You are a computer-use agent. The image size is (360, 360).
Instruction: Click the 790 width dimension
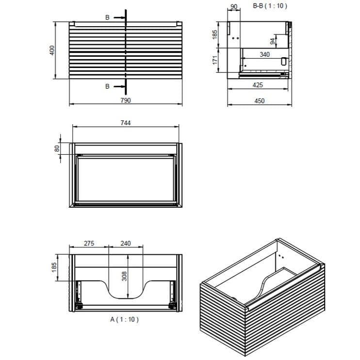pyautogui.click(x=126, y=100)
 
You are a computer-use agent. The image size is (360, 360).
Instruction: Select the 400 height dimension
pyautogui.click(x=52, y=50)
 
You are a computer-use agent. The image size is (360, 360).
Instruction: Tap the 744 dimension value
pyautogui.click(x=126, y=123)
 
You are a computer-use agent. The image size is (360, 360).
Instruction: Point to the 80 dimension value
pyautogui.click(x=57, y=148)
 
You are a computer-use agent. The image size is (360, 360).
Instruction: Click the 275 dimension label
pyautogui.click(x=89, y=244)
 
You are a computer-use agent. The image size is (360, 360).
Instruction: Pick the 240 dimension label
pyautogui.click(x=126, y=244)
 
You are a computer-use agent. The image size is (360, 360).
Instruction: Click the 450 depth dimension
pyautogui.click(x=260, y=101)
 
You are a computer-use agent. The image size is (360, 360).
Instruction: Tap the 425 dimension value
pyautogui.click(x=258, y=85)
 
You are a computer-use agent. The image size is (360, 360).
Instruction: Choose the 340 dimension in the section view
pyautogui.click(x=264, y=55)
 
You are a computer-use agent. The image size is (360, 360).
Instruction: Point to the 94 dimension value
pyautogui.click(x=273, y=41)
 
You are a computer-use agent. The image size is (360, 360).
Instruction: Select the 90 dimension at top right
pyautogui.click(x=233, y=7)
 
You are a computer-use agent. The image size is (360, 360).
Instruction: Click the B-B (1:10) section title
pyautogui.click(x=270, y=6)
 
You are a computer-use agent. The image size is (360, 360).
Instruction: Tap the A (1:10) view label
pyautogui.click(x=125, y=320)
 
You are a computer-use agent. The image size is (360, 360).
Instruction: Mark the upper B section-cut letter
pyautogui.click(x=107, y=17)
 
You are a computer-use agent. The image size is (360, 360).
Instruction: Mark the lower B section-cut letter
pyautogui.click(x=107, y=86)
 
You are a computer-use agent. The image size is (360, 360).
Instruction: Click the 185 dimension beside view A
pyautogui.click(x=54, y=267)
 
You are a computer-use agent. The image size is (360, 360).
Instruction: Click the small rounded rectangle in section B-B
pyautogui.click(x=284, y=62)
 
